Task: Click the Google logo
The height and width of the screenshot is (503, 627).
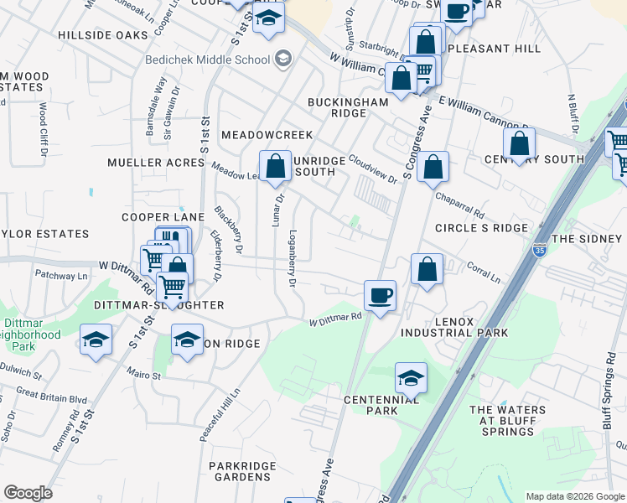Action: click(x=28, y=493)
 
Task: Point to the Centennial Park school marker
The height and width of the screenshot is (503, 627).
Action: click(x=411, y=378)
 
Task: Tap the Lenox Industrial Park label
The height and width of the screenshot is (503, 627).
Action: click(x=453, y=327)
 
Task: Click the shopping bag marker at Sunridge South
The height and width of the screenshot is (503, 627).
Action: click(x=275, y=167)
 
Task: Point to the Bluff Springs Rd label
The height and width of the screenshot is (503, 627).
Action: click(x=608, y=389)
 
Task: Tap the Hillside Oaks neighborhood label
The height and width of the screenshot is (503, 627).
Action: click(x=103, y=35)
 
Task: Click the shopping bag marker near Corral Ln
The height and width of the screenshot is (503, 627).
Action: click(x=427, y=270)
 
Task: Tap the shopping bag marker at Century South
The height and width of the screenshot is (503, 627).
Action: click(x=520, y=144)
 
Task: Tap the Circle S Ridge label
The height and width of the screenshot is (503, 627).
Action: click(x=481, y=228)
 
